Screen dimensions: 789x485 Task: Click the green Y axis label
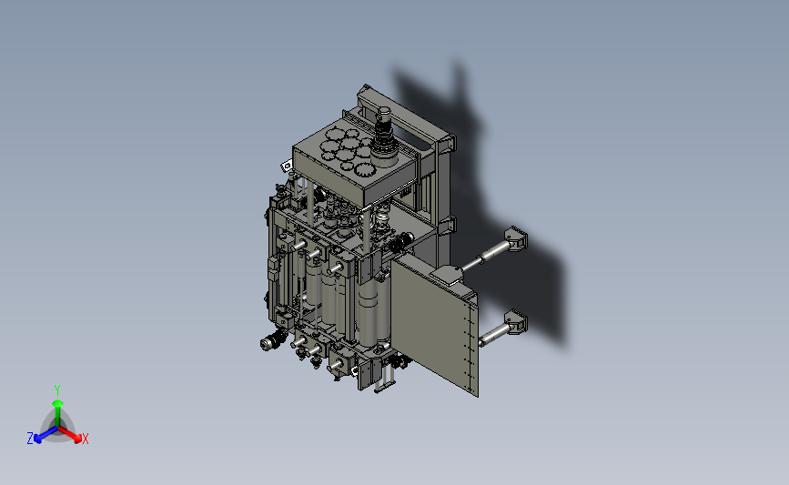tap(56, 390)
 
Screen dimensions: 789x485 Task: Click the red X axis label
tap(85, 439)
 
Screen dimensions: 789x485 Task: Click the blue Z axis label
tap(30, 439)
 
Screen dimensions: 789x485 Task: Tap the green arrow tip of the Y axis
tap(57, 403)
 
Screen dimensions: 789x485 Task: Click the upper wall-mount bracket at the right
tap(516, 238)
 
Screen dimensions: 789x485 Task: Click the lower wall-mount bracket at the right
tap(516, 322)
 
